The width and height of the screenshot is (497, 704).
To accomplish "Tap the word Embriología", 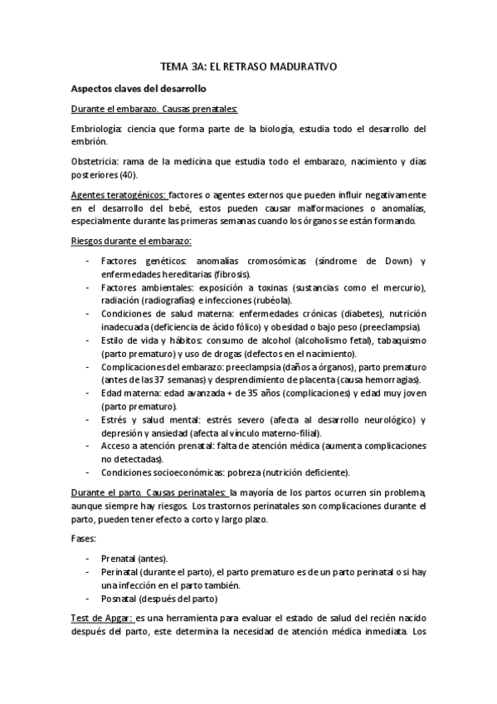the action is pos(96,129).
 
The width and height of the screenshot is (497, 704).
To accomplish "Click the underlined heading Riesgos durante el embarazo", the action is pos(131,242).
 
